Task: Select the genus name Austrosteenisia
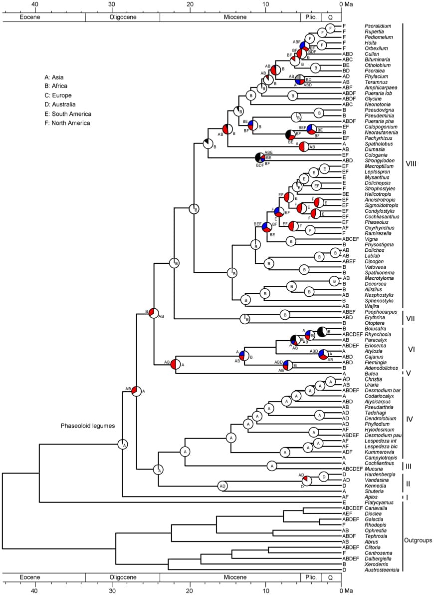(x=382, y=570)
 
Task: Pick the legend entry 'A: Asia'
(x=54, y=77)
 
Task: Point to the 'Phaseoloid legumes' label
(x=88, y=426)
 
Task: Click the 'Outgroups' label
(x=417, y=540)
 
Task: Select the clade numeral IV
(x=410, y=419)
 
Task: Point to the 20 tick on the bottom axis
(x=190, y=591)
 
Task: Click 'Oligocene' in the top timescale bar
(x=122, y=17)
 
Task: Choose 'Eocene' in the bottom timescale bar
(x=29, y=578)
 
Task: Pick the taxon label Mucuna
(x=374, y=469)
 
